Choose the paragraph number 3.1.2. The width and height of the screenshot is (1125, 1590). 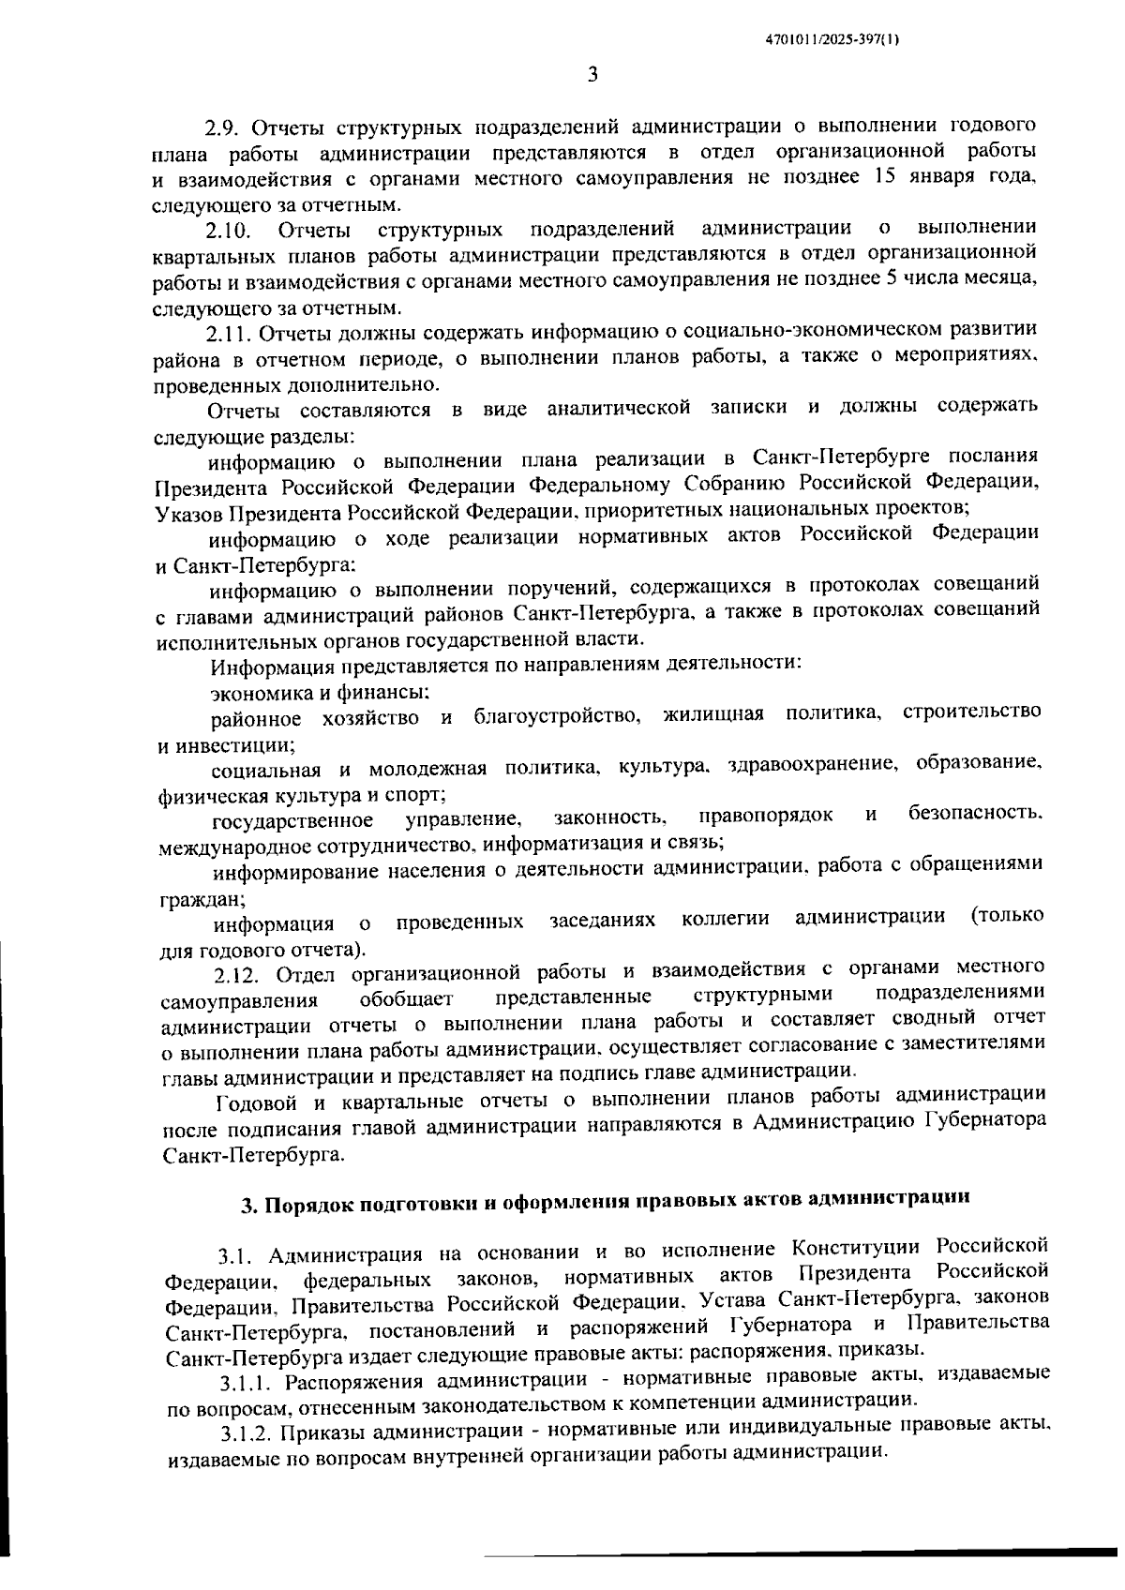coord(247,1432)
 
